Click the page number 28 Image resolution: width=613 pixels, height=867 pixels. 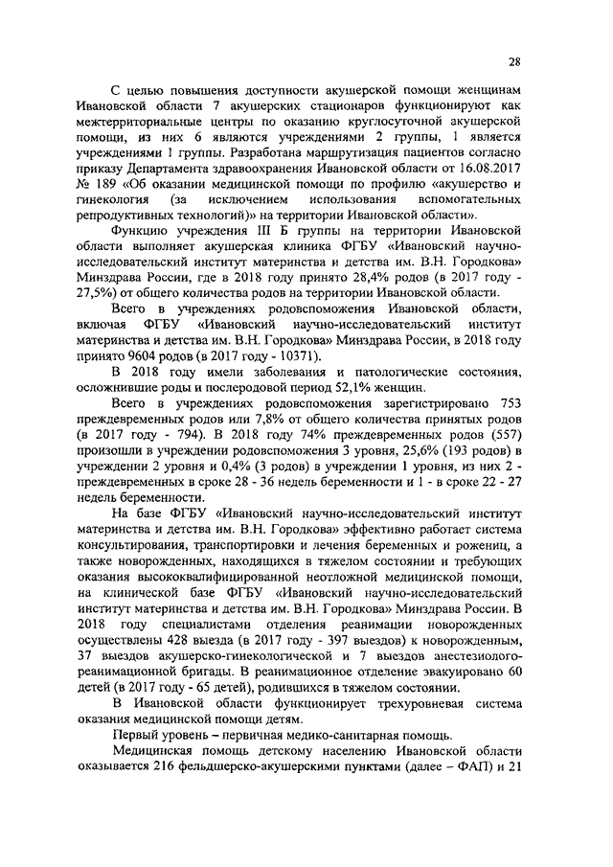(x=514, y=63)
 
